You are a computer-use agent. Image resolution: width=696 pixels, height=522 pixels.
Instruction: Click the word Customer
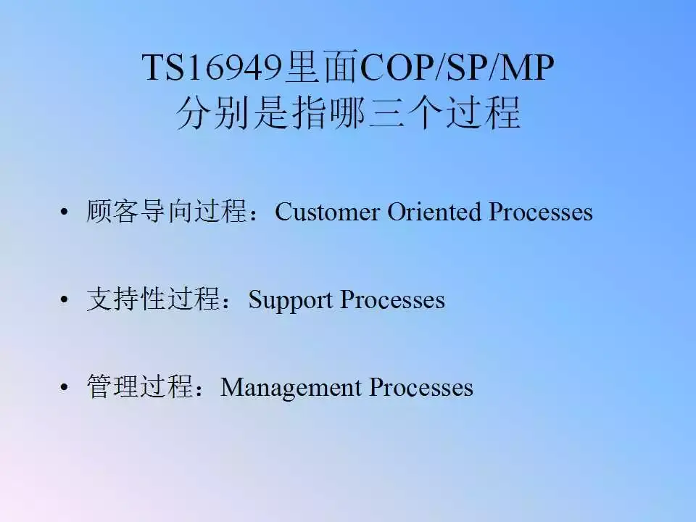[x=327, y=212]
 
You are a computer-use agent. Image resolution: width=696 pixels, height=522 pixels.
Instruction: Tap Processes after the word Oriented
[x=540, y=212]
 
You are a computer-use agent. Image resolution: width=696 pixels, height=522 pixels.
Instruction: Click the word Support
[x=291, y=299]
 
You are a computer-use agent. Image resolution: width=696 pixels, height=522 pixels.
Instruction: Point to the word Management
[x=291, y=387]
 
